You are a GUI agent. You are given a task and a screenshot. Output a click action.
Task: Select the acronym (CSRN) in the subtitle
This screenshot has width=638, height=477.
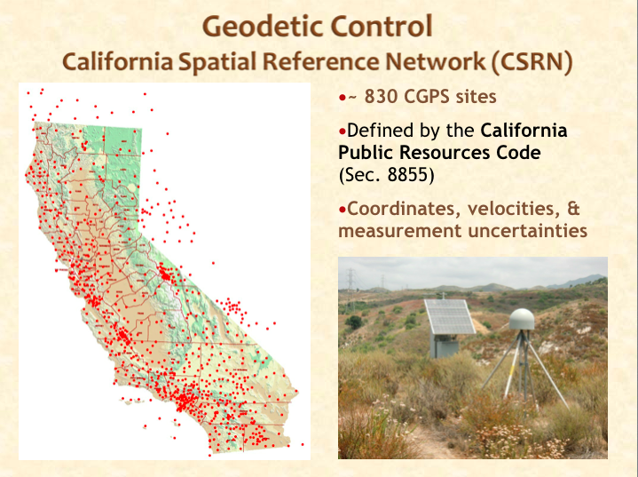tap(532, 62)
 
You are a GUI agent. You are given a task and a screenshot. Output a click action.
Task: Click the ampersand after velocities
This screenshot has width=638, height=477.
tap(572, 209)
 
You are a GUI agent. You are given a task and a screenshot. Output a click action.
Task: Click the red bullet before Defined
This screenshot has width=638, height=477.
tap(343, 131)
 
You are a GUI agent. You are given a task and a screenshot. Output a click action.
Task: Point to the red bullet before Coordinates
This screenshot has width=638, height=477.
tap(343, 210)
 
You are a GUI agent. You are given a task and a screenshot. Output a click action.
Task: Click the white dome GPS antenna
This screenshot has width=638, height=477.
tap(522, 320)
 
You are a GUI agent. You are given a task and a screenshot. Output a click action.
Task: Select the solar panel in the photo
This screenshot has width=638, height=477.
tap(450, 316)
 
